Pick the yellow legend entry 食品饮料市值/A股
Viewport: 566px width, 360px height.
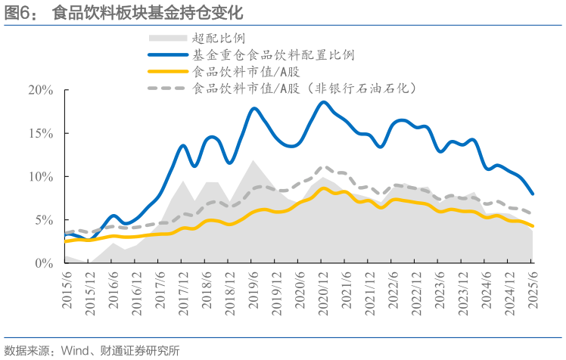241,72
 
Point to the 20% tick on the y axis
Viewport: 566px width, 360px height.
40,90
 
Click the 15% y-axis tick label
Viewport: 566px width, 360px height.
40,133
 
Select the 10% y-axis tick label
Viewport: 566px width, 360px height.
40,176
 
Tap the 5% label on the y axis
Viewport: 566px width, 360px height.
43,220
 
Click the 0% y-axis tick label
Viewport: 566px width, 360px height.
43,263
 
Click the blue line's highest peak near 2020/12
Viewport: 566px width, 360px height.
323,101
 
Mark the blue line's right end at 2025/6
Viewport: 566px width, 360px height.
533,194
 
